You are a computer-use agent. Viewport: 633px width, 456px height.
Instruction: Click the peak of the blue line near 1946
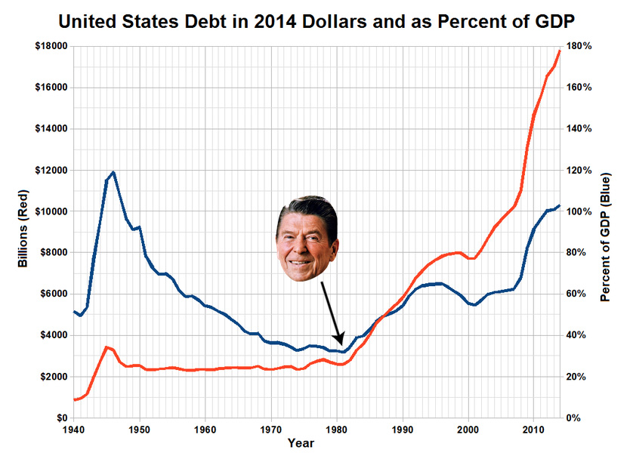113,172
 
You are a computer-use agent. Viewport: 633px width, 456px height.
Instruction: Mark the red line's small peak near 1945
107,347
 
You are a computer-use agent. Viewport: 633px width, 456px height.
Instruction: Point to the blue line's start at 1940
73,311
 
